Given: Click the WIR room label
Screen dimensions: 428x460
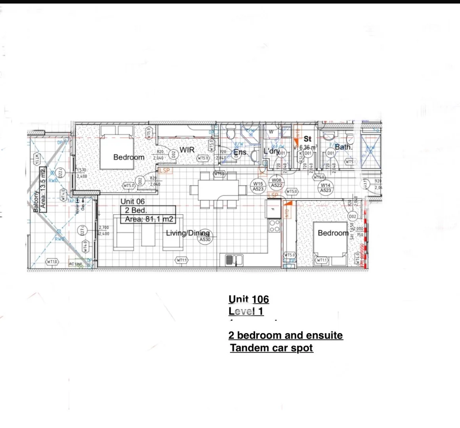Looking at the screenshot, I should [x=187, y=150].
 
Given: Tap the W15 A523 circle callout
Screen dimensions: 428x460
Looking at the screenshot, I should [x=258, y=186].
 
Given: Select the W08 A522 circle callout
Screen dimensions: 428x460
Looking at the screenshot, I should [x=277, y=183].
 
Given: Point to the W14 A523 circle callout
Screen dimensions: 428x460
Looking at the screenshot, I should [x=325, y=187].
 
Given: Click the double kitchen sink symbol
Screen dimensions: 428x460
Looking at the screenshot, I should [x=234, y=260].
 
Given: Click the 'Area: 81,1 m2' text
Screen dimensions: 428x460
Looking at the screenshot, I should [x=149, y=219].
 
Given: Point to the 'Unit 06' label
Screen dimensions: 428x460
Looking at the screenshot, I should [x=133, y=202].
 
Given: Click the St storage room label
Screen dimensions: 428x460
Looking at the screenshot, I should [x=307, y=139].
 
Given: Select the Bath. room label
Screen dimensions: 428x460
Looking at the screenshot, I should [x=344, y=147].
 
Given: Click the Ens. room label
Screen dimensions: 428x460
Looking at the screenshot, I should [x=241, y=152].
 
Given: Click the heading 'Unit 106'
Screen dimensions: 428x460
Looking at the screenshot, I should [x=249, y=299].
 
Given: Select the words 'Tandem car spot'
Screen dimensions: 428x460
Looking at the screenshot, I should [x=272, y=348].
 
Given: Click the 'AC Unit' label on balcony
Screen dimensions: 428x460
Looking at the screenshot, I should [x=75, y=264].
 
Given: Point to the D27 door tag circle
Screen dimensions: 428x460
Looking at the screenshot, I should [x=83, y=231].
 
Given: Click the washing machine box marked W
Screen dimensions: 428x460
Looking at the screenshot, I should [x=271, y=132].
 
